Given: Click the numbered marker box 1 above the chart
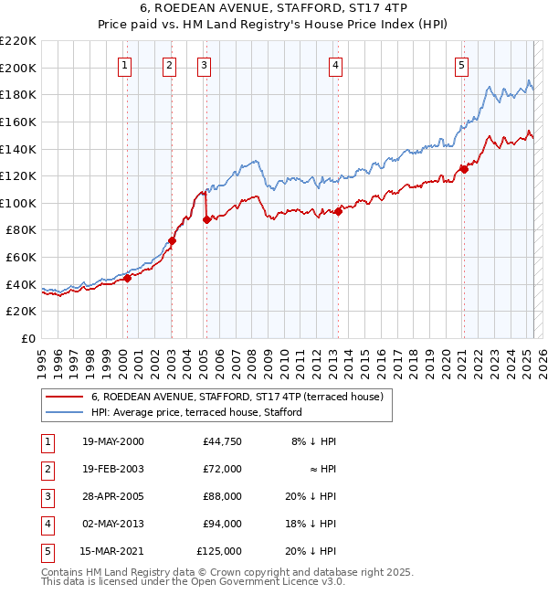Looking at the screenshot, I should (123, 65).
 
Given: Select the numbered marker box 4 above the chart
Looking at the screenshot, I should (336, 65).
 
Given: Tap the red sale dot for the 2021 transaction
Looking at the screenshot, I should (464, 168).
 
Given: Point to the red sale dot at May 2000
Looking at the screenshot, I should (127, 278).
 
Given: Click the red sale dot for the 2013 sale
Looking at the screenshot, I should (338, 210).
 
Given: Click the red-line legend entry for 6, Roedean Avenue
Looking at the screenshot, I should (242, 397).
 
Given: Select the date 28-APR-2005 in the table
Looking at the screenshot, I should (113, 496).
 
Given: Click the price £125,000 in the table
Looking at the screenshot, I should (219, 551).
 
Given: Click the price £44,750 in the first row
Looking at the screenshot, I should (222, 441).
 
